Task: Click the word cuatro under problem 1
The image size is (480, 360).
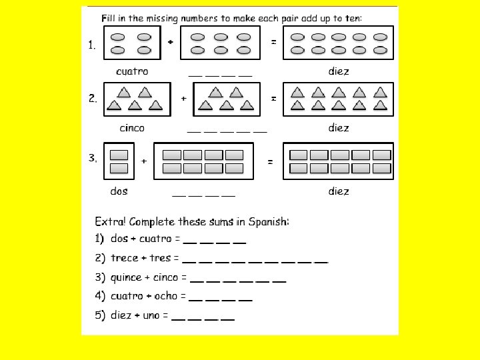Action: (x=132, y=71)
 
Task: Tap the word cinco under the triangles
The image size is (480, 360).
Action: (x=132, y=127)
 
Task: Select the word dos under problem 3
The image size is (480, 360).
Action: (x=119, y=191)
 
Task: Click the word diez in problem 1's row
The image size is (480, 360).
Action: (x=339, y=71)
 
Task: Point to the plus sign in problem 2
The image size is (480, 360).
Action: (x=183, y=98)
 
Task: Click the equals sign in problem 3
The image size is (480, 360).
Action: (x=270, y=161)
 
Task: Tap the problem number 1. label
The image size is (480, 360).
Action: (x=92, y=45)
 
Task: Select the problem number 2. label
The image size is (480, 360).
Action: (x=93, y=98)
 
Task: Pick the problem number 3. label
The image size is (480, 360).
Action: (x=93, y=158)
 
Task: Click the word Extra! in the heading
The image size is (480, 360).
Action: (x=111, y=221)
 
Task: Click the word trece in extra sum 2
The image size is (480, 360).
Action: (x=125, y=258)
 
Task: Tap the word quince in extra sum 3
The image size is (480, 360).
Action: (x=126, y=277)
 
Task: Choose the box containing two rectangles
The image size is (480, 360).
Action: (x=119, y=161)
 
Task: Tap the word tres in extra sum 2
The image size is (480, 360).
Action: (x=160, y=258)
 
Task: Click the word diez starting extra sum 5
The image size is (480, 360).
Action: (x=121, y=315)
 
